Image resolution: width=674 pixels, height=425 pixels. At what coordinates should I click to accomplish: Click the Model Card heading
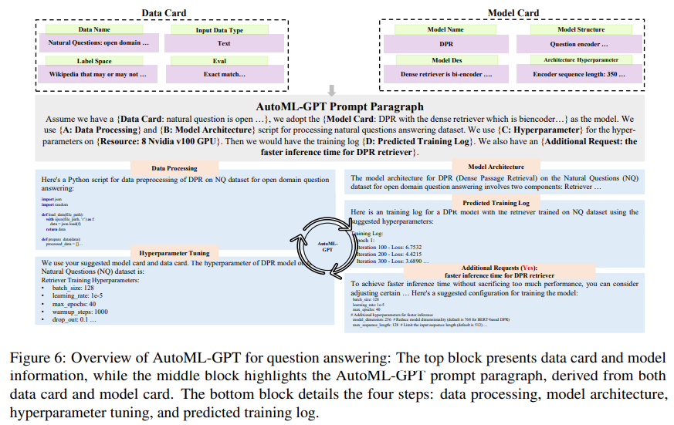coord(514,12)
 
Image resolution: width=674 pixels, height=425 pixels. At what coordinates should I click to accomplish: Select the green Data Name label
coord(96,29)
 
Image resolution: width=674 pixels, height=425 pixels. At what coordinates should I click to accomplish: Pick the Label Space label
coord(96,60)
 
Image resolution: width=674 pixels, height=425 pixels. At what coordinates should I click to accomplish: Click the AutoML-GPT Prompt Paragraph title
coord(340,106)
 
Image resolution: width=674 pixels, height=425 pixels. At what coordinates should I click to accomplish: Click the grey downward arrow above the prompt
coord(332,90)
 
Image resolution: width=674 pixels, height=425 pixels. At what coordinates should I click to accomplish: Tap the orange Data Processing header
coord(174,167)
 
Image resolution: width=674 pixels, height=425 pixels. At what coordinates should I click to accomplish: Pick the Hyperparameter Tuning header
coord(174,252)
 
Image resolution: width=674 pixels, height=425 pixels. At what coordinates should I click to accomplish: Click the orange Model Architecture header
coord(495,166)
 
